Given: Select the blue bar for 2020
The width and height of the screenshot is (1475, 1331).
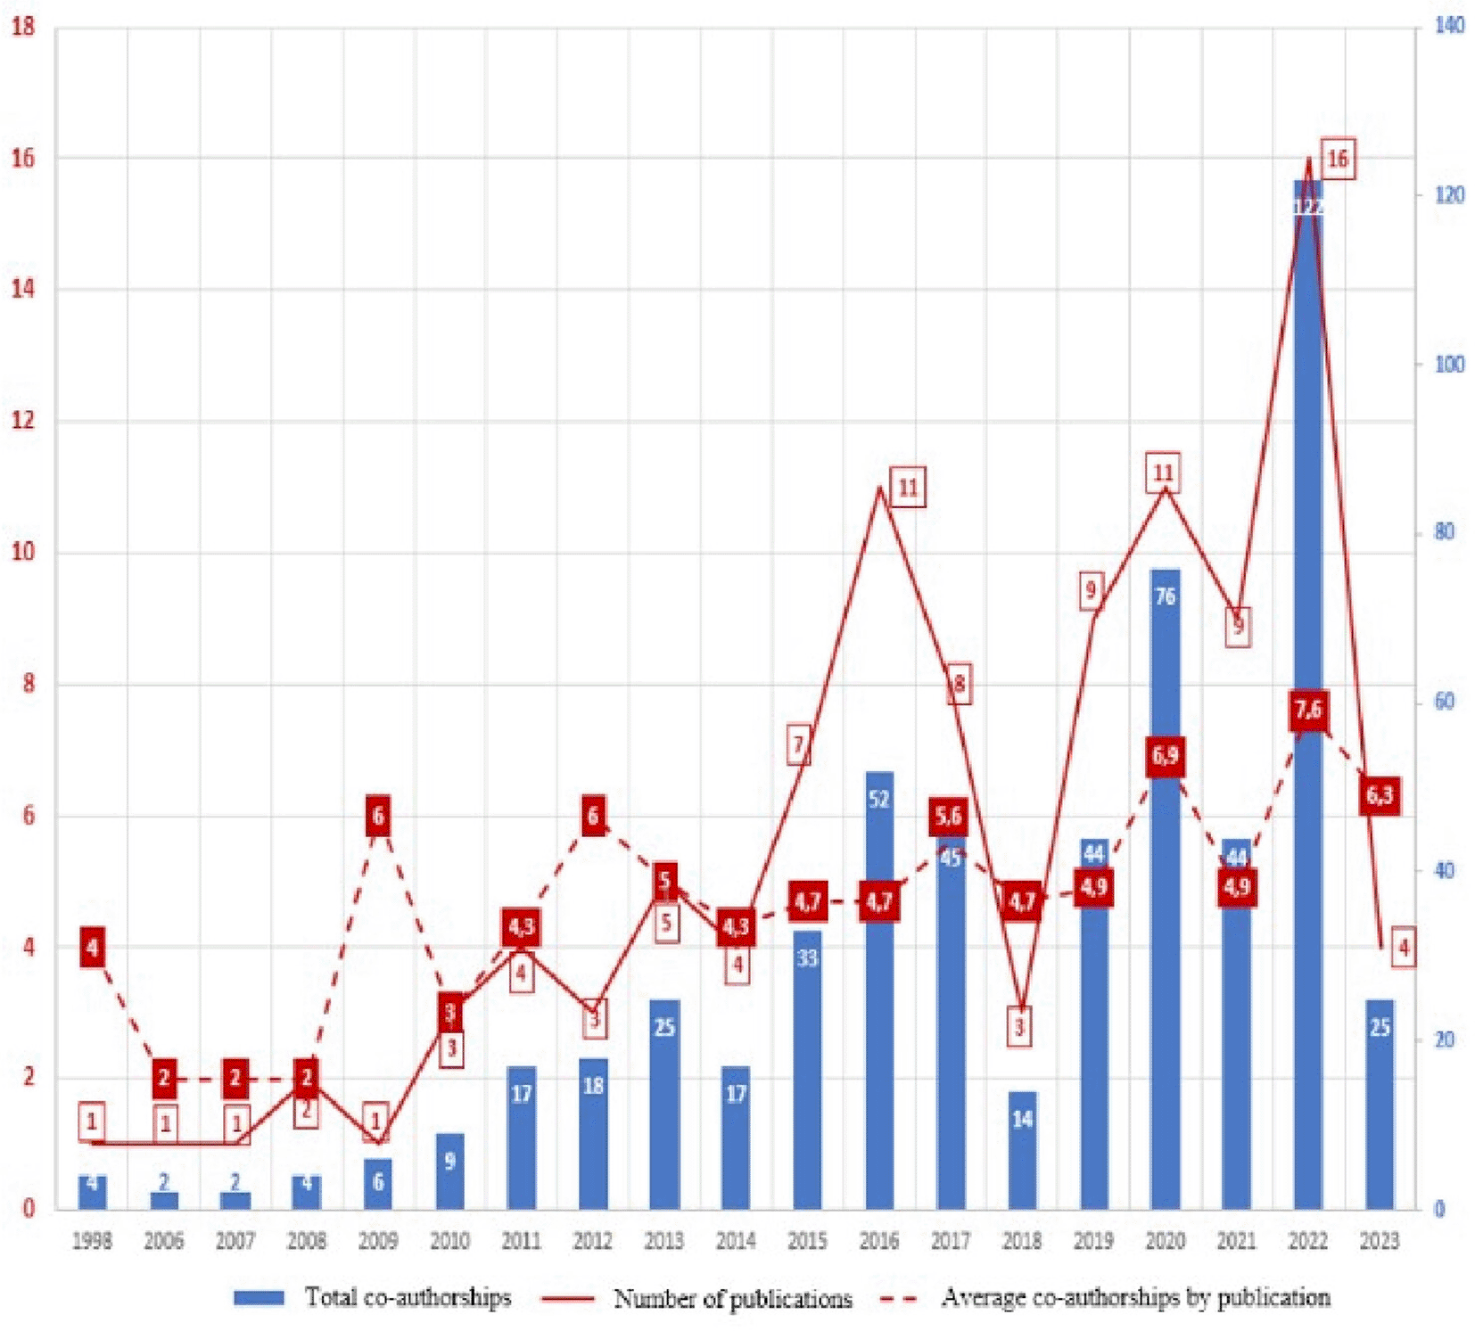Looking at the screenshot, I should [x=1165, y=891].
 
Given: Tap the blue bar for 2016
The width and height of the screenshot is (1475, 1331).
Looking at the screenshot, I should [x=878, y=990].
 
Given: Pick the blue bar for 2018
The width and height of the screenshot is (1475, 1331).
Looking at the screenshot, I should [x=1022, y=1150].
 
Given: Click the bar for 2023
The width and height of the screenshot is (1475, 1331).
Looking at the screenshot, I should [x=1379, y=1105].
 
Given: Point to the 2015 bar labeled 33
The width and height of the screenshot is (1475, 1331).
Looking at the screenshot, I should [x=807, y=1070].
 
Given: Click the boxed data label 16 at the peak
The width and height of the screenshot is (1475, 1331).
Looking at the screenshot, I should [x=1337, y=160].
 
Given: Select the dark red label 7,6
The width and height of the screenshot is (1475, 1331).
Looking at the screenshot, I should [x=1308, y=711].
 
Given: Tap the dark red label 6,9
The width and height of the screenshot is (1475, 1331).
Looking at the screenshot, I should [x=1165, y=756].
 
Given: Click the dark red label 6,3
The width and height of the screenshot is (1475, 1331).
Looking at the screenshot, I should [x=1380, y=794].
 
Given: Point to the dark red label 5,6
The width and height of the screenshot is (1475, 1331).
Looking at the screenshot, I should [x=949, y=816].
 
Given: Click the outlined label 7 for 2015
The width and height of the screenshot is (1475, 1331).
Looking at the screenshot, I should [x=799, y=744].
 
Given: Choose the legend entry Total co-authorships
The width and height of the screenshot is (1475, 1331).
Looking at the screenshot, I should [x=373, y=1297].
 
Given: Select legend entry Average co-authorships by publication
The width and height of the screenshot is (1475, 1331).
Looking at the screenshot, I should [x=1105, y=1298].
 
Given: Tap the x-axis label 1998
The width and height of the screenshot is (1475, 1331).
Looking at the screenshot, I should [x=92, y=1240].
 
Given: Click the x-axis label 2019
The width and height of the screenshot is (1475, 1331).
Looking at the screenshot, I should [x=1093, y=1240].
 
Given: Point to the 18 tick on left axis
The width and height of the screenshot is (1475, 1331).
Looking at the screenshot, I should [x=23, y=27].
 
